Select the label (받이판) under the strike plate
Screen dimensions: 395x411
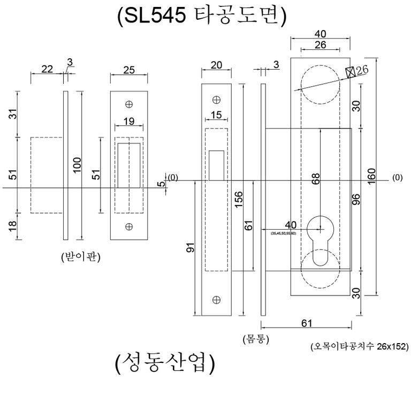tap(80, 257)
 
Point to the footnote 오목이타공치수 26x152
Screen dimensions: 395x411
tap(359, 347)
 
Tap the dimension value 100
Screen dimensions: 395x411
tap(77, 165)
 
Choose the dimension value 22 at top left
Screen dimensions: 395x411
tap(47, 69)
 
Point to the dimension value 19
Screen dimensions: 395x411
tap(128, 121)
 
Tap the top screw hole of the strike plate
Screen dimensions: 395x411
tap(128, 104)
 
